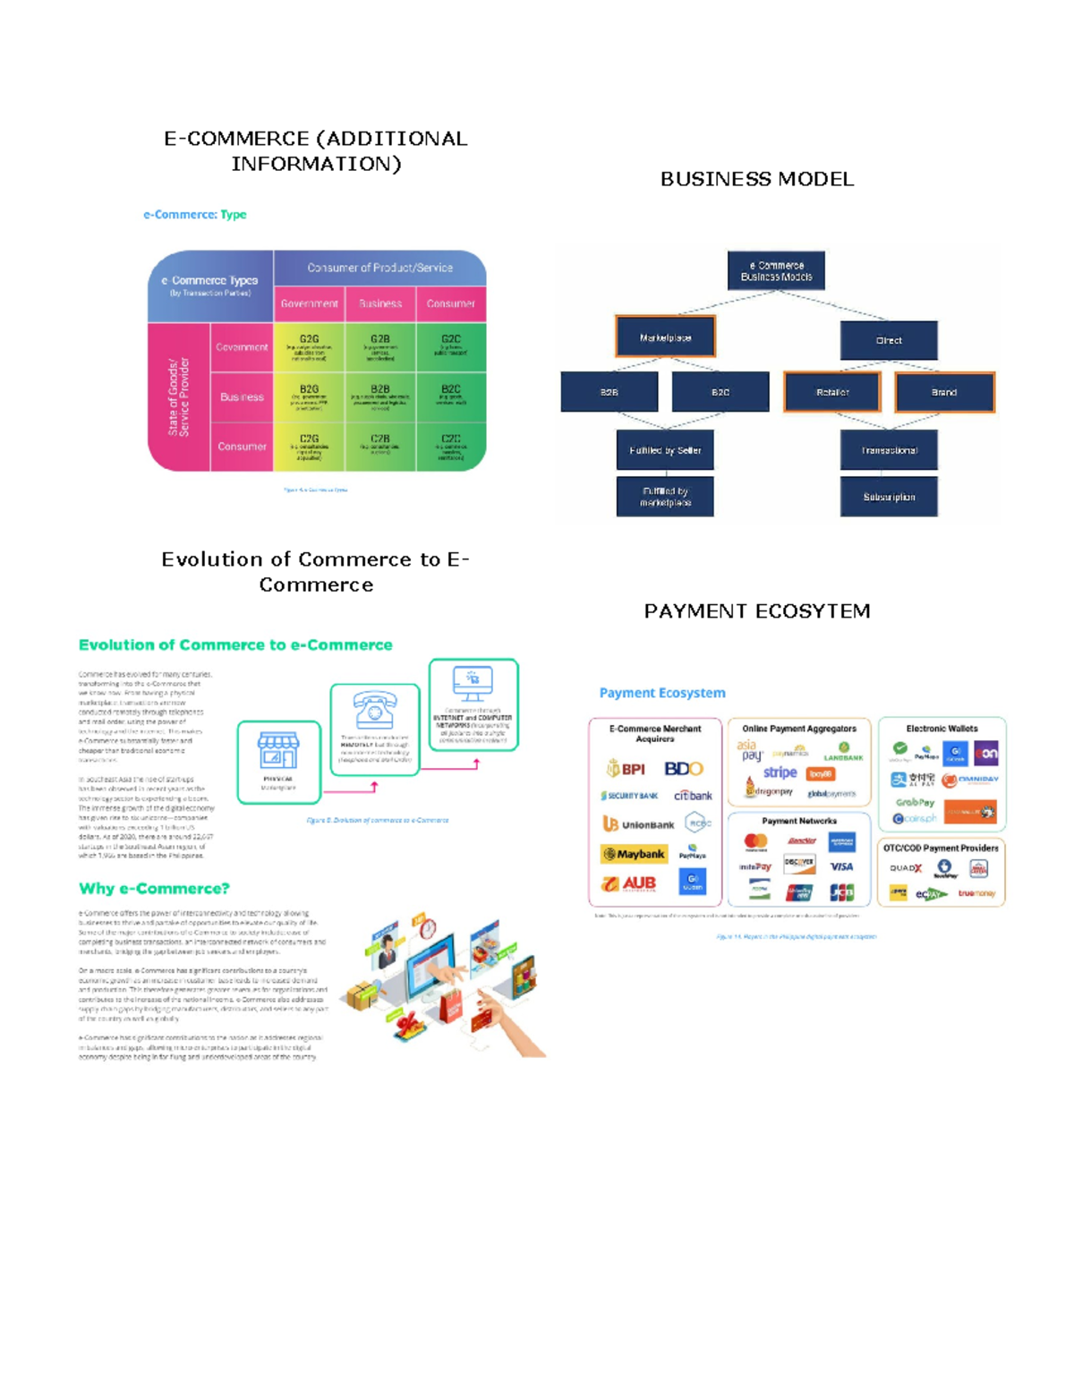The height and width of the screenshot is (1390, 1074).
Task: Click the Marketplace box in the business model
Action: click(665, 337)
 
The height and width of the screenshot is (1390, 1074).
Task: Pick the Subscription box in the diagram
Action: click(889, 497)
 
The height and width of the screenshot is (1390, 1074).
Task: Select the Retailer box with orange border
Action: click(832, 392)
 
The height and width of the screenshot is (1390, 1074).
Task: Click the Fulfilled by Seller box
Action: click(665, 450)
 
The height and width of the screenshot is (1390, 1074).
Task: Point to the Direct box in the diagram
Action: click(889, 340)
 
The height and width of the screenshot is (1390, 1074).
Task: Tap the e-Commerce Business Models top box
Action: click(776, 271)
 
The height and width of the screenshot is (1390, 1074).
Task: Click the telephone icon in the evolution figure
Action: click(374, 711)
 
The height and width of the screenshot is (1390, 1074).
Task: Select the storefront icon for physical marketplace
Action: click(278, 750)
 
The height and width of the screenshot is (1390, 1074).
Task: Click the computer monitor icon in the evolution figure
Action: click(473, 685)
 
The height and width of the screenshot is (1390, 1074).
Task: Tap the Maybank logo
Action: click(634, 854)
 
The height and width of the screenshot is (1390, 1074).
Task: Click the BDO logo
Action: click(684, 769)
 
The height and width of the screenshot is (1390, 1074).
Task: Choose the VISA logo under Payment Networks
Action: click(841, 866)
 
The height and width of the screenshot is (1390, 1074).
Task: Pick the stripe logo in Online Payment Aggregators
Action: click(780, 772)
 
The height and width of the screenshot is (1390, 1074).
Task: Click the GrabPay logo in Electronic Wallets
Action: click(914, 802)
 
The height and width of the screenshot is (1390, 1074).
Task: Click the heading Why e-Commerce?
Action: click(154, 889)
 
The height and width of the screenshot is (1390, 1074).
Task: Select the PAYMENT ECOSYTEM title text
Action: click(757, 611)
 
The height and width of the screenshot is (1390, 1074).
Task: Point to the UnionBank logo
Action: click(638, 824)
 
